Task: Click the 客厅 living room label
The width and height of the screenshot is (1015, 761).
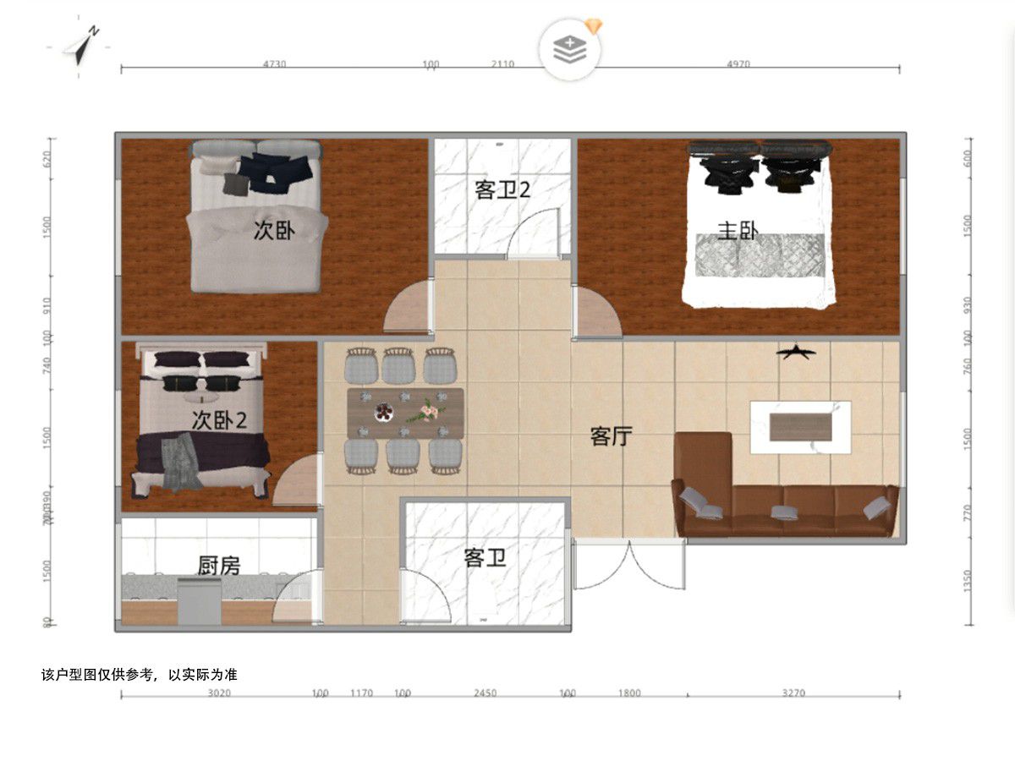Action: tap(612, 436)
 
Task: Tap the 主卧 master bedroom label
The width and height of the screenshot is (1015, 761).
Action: tap(737, 231)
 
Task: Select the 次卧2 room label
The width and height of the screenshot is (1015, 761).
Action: tap(219, 419)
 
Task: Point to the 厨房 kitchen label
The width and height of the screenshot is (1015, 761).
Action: tap(218, 566)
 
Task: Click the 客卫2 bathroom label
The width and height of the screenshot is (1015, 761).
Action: tap(502, 189)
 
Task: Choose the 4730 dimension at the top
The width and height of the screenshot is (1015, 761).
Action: tap(275, 64)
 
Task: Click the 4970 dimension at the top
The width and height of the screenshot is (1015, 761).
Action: tap(738, 64)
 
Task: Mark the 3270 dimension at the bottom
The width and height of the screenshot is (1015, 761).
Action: tap(793, 693)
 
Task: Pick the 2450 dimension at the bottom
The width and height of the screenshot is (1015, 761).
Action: tap(485, 693)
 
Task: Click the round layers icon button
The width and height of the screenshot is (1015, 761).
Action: tap(570, 50)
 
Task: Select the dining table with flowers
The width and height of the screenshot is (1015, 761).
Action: tap(406, 413)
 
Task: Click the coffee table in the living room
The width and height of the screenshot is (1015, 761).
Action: tap(800, 427)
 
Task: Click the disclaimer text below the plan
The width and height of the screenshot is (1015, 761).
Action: tap(140, 675)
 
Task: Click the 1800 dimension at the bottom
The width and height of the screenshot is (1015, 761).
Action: tap(628, 693)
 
